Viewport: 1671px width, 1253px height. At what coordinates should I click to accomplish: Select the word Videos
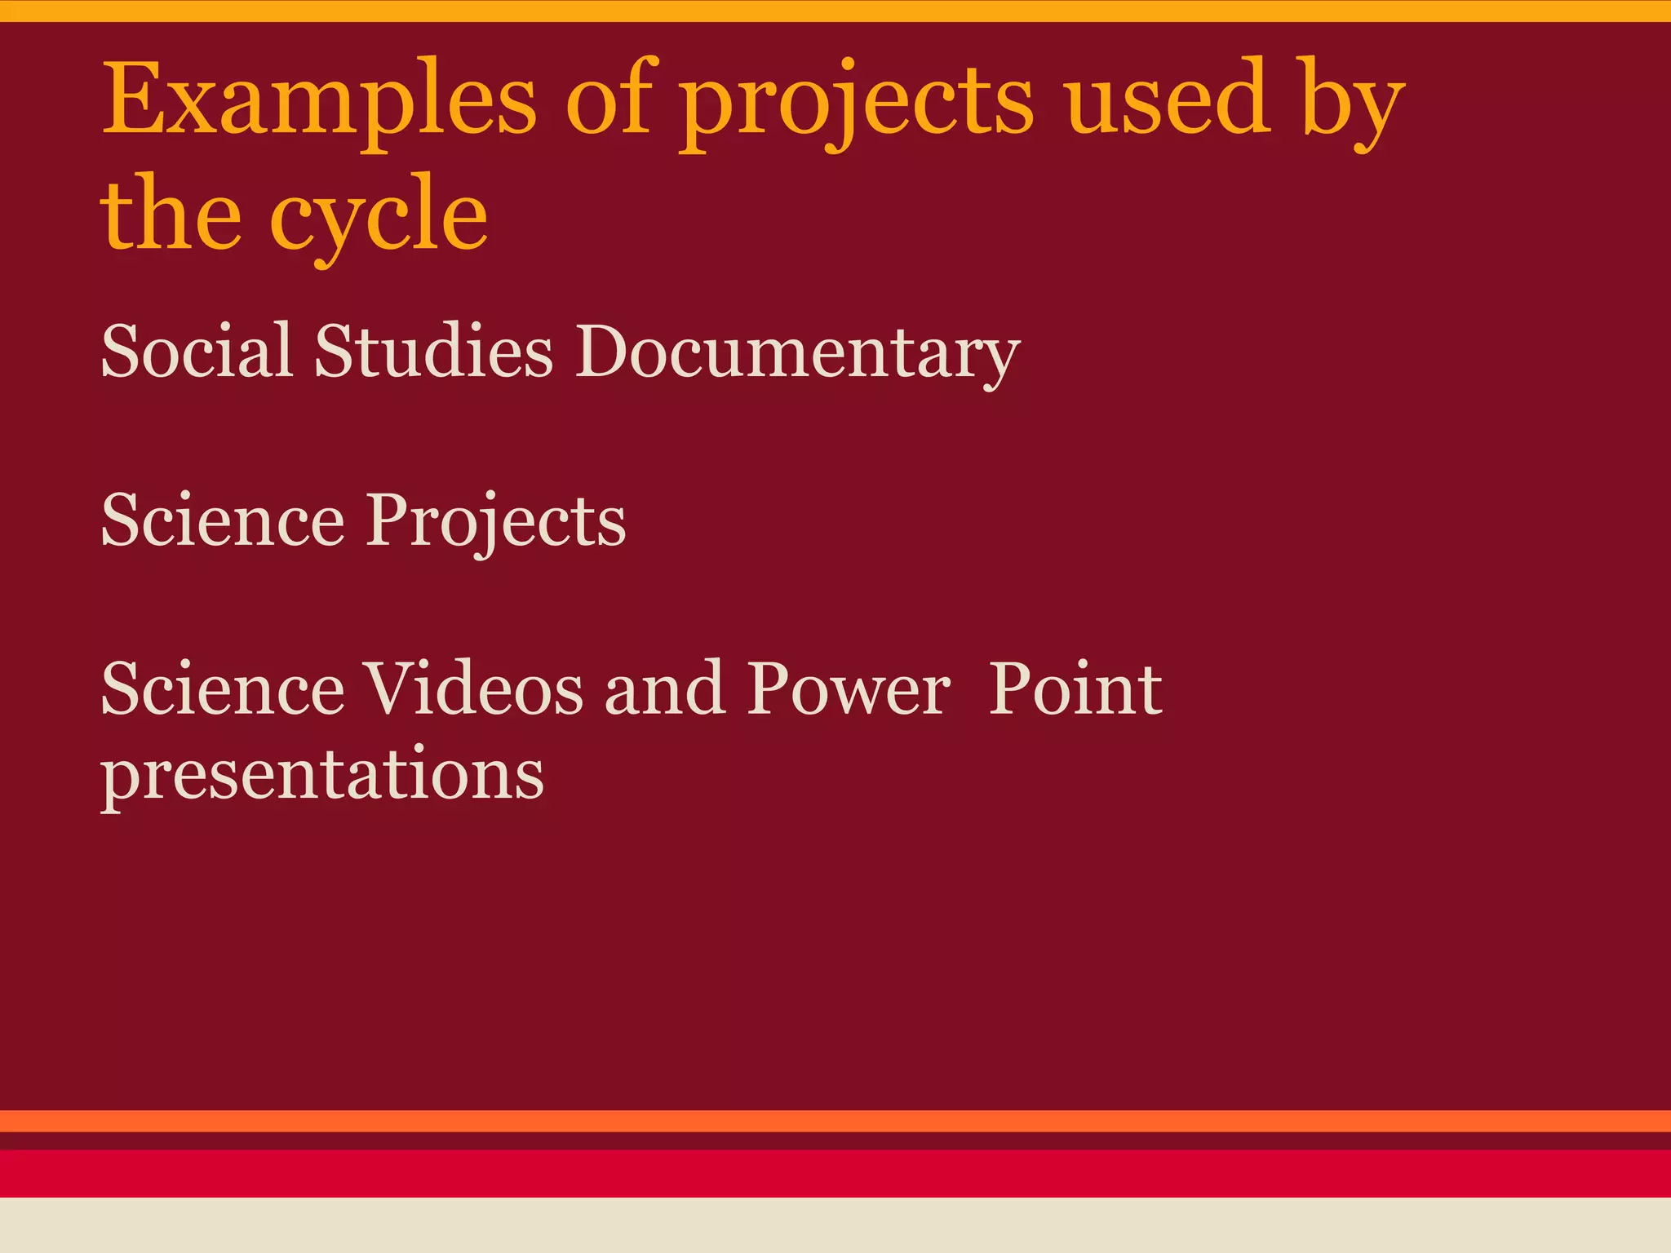(472, 689)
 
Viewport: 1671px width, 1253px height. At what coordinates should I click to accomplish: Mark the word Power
(849, 689)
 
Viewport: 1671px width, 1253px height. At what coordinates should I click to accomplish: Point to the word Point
(1075, 689)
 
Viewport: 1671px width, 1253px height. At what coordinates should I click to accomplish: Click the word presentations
(322, 775)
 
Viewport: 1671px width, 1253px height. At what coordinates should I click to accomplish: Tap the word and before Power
(664, 689)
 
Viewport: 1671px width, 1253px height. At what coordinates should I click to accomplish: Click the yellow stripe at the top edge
(835, 11)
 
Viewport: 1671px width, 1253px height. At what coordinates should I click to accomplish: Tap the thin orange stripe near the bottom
(835, 1121)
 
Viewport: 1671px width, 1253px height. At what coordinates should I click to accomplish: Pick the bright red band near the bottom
(835, 1173)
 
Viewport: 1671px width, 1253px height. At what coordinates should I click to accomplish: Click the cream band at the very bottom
(835, 1225)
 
